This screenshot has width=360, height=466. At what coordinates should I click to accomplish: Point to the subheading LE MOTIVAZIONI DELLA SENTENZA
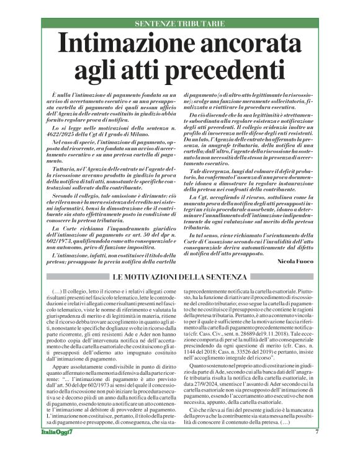pyautogui.click(x=180, y=276)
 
